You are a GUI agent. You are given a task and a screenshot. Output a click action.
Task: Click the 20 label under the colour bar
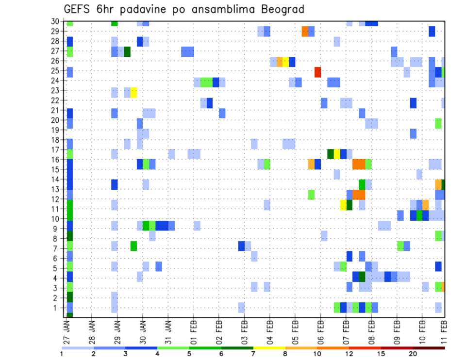(x=413, y=354)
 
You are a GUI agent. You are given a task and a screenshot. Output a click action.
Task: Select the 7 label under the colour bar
(x=253, y=354)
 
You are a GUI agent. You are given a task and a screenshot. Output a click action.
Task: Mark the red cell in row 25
(x=317, y=72)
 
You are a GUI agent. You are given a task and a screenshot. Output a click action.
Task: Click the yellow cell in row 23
(x=133, y=92)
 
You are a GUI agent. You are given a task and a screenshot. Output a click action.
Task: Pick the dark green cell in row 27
(x=127, y=52)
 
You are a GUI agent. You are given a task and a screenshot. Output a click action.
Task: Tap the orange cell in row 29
(x=305, y=32)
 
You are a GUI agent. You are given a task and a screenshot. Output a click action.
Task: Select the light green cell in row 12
(x=311, y=195)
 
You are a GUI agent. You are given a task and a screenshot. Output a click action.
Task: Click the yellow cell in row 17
(x=337, y=154)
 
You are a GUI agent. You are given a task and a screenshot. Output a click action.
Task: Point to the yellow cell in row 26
(x=286, y=62)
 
